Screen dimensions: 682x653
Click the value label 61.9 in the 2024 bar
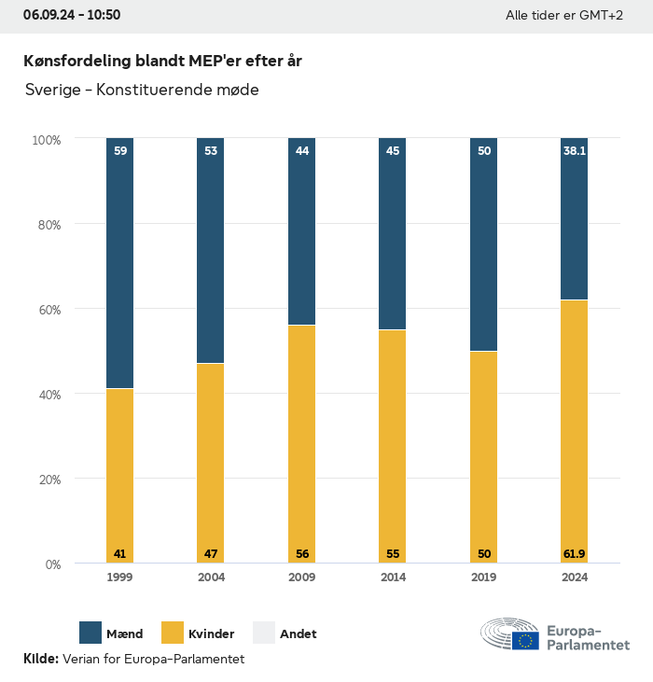(x=574, y=554)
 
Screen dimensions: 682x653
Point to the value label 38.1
(x=574, y=150)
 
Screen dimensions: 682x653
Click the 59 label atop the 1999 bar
(x=119, y=150)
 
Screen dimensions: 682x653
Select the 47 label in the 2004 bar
(x=211, y=554)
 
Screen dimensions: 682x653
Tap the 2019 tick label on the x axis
(x=483, y=578)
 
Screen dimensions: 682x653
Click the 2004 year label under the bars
(x=211, y=578)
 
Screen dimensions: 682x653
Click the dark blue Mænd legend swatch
(x=90, y=633)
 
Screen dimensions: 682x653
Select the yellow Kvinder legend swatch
(x=173, y=633)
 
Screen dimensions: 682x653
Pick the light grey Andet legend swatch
(x=264, y=633)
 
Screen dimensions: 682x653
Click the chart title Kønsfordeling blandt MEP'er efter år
(x=162, y=61)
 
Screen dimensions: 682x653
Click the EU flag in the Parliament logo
(x=525, y=640)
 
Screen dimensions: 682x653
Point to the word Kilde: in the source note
(x=41, y=659)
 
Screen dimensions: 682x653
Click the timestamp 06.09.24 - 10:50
(x=72, y=15)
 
